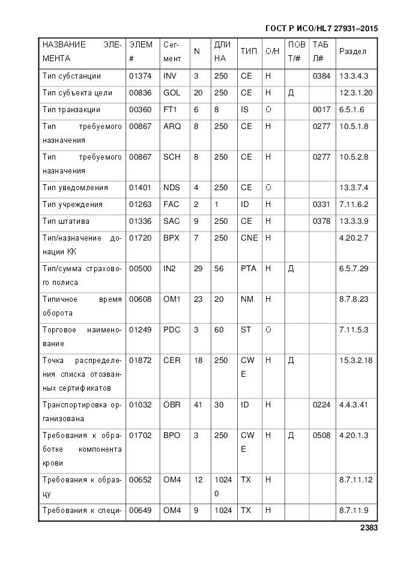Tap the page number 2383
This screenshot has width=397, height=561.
pyautogui.click(x=369, y=528)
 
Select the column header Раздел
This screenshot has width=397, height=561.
pyautogui.click(x=353, y=52)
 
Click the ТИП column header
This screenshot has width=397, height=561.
pyautogui.click(x=249, y=52)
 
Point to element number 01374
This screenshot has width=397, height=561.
pyautogui.click(x=140, y=76)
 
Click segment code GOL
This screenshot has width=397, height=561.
pyautogui.click(x=172, y=93)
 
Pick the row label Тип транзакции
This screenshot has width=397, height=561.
pyautogui.click(x=71, y=110)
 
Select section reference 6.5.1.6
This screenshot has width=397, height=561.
pyautogui.click(x=351, y=110)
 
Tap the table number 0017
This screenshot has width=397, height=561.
pyautogui.click(x=321, y=110)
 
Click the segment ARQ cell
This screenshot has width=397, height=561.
pyautogui.click(x=172, y=127)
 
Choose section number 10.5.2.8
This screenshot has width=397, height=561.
pyautogui.click(x=353, y=157)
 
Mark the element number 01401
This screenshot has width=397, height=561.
pyautogui.click(x=140, y=187)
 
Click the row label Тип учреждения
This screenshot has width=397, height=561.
pyautogui.click(x=73, y=204)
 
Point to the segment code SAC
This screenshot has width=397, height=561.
pyautogui.click(x=172, y=221)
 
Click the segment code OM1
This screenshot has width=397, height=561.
pyautogui.click(x=172, y=299)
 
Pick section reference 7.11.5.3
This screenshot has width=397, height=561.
pyautogui.click(x=353, y=329)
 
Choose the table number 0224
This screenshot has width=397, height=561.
pyautogui.click(x=321, y=404)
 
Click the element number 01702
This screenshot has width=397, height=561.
pyautogui.click(x=140, y=435)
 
